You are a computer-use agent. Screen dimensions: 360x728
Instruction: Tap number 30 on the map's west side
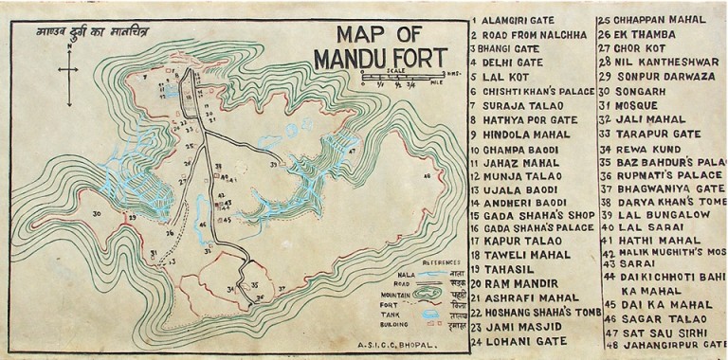(97, 214)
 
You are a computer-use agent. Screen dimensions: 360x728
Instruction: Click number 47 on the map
(352, 151)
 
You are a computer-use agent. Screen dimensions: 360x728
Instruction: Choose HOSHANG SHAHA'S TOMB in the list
(536, 312)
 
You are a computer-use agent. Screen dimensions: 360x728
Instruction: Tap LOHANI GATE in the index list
(526, 341)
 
